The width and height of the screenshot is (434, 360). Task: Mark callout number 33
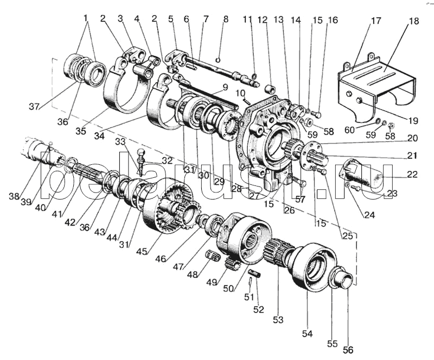121,142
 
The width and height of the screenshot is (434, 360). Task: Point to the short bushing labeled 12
269,87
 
